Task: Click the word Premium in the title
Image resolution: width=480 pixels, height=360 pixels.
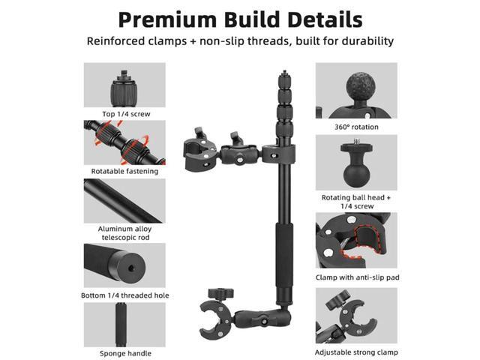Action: (x=168, y=19)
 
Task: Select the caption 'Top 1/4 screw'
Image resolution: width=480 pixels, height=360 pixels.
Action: (x=126, y=114)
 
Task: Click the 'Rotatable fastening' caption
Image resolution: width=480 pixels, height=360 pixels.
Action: (x=125, y=171)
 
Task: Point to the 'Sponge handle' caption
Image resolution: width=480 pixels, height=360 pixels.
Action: (x=125, y=353)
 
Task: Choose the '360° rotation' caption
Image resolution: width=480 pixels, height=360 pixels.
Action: (x=356, y=127)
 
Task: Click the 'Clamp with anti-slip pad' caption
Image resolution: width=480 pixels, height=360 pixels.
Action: (x=358, y=277)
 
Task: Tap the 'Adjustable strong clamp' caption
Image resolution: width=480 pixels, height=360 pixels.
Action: (x=356, y=352)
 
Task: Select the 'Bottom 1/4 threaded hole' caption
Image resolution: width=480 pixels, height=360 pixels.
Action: (x=125, y=295)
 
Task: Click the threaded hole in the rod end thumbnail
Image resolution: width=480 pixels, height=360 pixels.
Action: (x=131, y=268)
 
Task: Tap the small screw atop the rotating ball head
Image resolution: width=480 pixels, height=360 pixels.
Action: (x=356, y=142)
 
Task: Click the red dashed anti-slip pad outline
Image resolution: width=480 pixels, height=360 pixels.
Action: (x=362, y=242)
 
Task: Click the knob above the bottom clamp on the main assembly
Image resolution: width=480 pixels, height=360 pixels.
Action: (x=220, y=293)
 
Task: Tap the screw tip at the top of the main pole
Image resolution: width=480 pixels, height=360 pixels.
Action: (x=285, y=73)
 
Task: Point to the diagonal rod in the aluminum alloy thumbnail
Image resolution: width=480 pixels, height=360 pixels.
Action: (x=122, y=201)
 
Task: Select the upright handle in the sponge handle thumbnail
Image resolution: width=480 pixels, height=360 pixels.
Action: (x=121, y=325)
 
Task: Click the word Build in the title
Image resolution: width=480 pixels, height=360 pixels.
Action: (x=252, y=19)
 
